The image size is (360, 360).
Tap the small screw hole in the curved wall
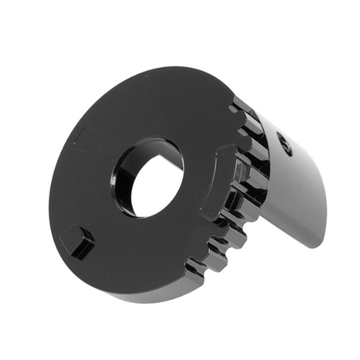click(x=286, y=143)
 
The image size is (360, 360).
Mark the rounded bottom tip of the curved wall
click(x=319, y=238)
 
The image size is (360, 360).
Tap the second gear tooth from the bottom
click(x=217, y=244)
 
